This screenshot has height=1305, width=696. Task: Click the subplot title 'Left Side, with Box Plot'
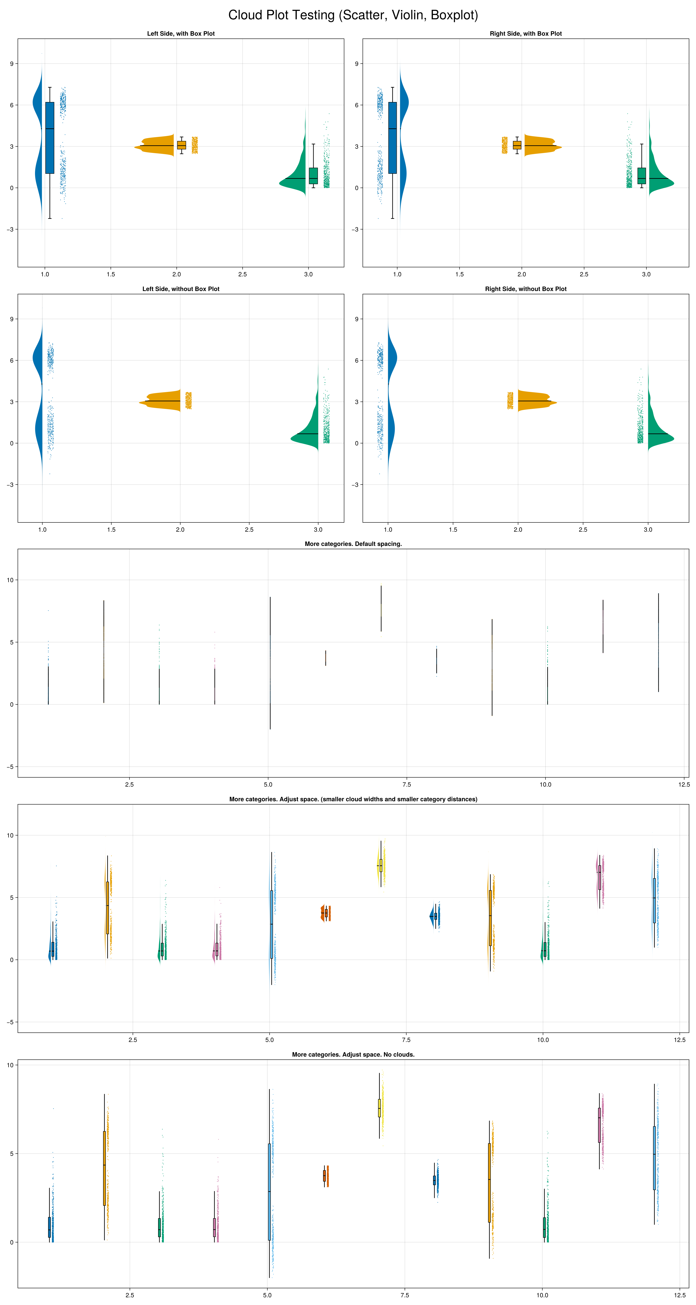[x=181, y=33]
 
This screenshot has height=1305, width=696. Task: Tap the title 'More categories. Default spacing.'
[x=353, y=544]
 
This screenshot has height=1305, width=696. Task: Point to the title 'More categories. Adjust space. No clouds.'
[x=353, y=1054]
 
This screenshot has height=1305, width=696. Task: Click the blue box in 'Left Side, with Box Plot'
[x=50, y=138]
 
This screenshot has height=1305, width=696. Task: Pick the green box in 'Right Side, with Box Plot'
[x=641, y=176]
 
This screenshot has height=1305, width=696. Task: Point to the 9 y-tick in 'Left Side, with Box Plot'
[x=11, y=64]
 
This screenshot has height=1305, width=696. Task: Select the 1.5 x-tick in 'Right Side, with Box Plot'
[x=459, y=274]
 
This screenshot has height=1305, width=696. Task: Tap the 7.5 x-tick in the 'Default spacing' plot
[x=406, y=784]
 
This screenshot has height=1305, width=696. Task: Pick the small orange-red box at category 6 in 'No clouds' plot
[x=324, y=1175]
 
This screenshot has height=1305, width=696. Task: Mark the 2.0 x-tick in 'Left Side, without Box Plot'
[x=180, y=529]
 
